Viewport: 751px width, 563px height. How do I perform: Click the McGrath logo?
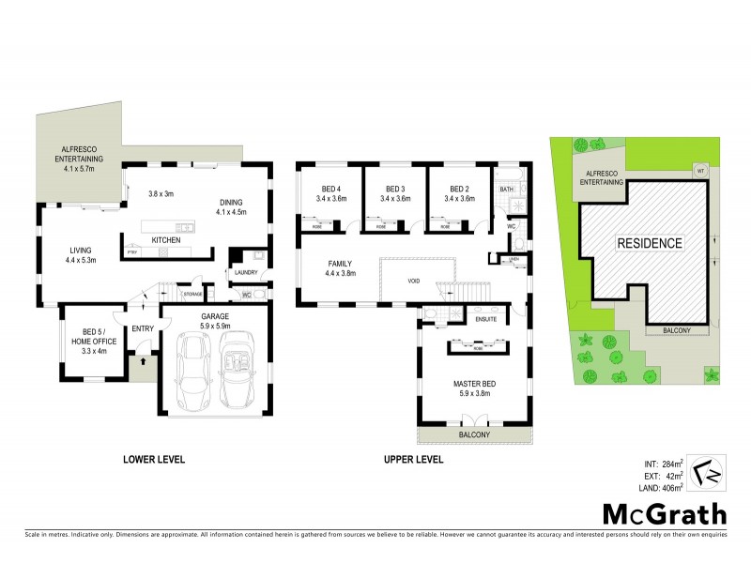[664, 513]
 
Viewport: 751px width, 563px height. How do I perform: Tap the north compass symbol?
[707, 473]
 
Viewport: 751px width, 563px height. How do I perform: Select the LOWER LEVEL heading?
[154, 460]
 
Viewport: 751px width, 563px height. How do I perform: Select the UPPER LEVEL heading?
[412, 460]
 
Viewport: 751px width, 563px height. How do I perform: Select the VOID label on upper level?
[414, 281]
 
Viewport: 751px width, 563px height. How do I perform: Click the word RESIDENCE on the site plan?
[649, 242]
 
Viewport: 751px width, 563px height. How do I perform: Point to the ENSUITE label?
[485, 319]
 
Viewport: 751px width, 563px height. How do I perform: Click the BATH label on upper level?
[506, 189]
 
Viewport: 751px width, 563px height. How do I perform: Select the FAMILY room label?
[339, 264]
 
